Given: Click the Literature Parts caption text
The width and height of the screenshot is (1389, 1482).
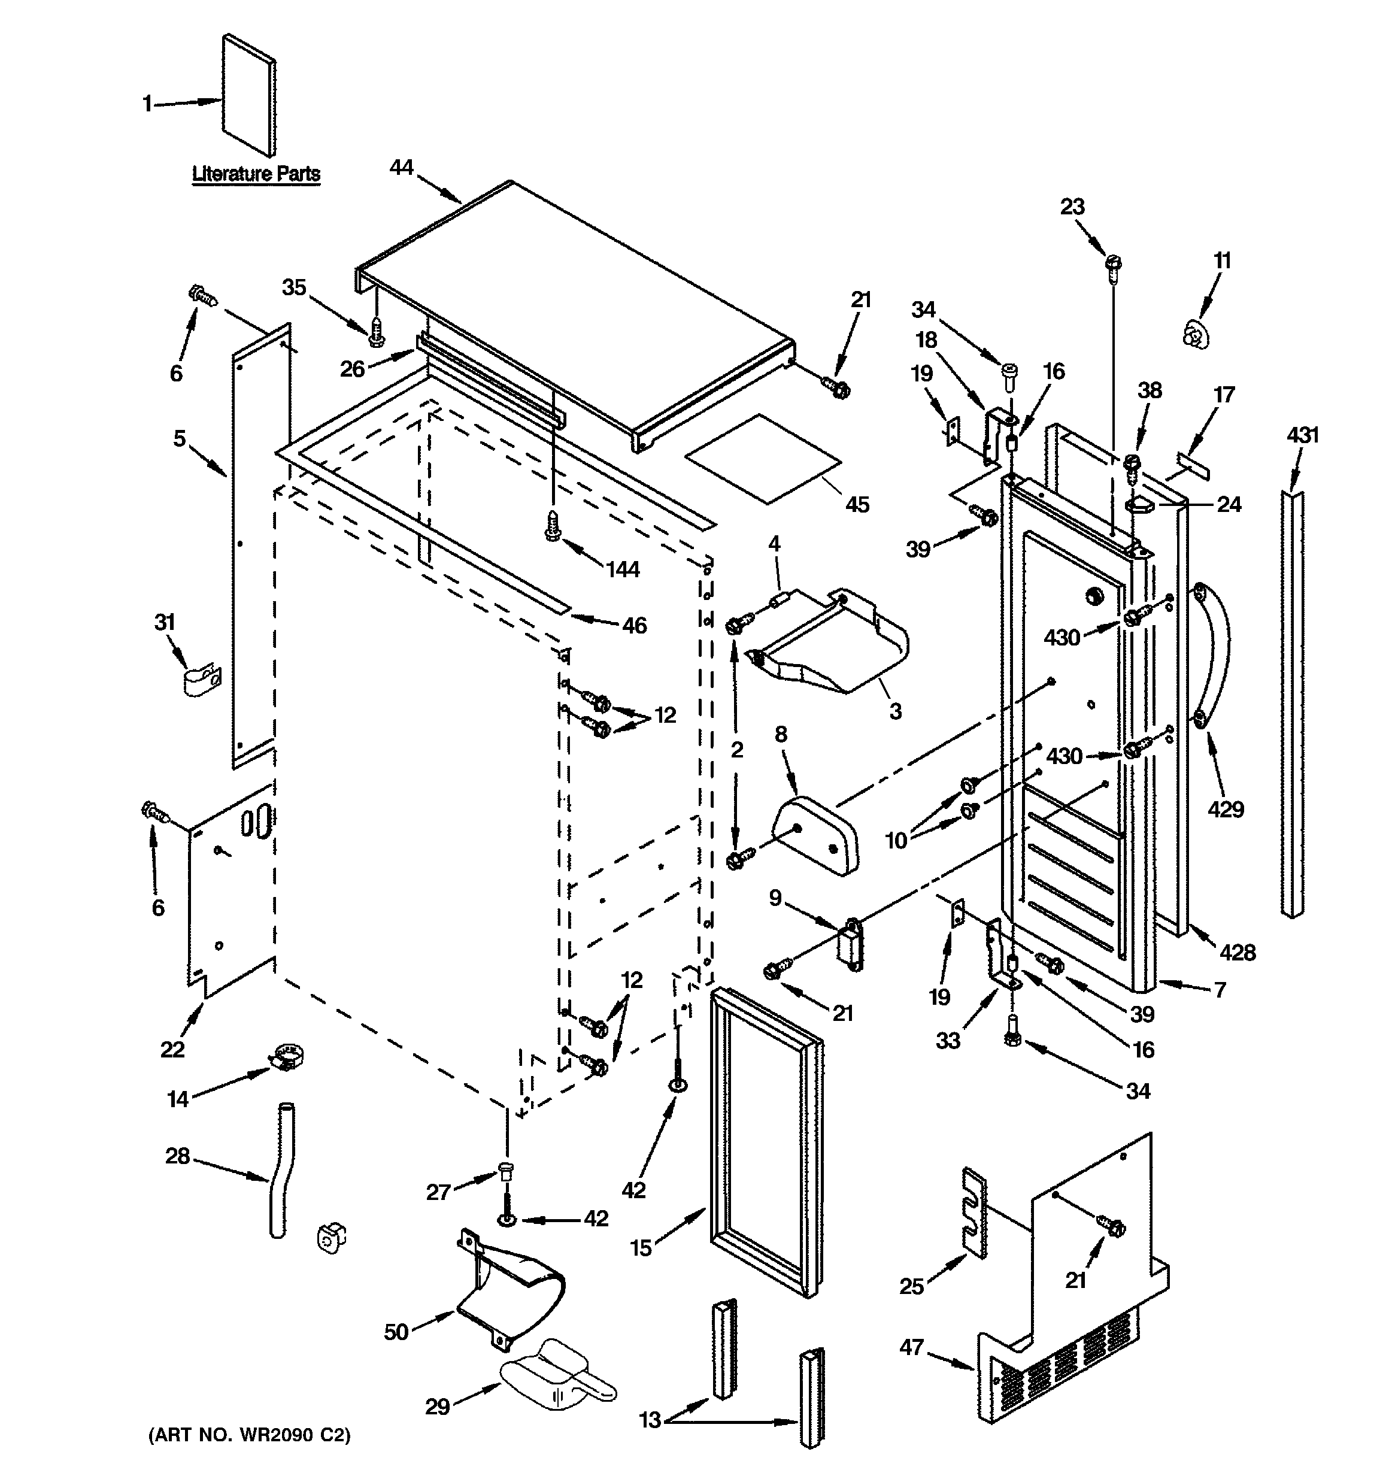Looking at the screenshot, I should point(256,174).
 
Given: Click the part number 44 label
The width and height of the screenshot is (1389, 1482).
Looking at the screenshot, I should point(401,168).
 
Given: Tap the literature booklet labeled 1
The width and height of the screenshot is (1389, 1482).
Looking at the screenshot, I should point(249,95).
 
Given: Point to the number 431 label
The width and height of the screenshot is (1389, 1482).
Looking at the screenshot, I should point(1303,435).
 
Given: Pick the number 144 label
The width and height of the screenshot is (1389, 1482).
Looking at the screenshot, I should point(623,569).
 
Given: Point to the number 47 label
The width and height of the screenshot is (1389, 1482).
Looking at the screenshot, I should point(912,1347).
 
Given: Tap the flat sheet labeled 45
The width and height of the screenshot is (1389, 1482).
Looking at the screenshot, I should point(763,459).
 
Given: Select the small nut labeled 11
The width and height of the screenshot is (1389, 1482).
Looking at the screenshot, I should point(1194,332).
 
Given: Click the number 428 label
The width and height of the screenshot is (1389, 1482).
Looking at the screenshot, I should point(1238,952).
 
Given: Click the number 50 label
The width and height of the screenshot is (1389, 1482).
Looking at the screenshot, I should point(396,1332).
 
